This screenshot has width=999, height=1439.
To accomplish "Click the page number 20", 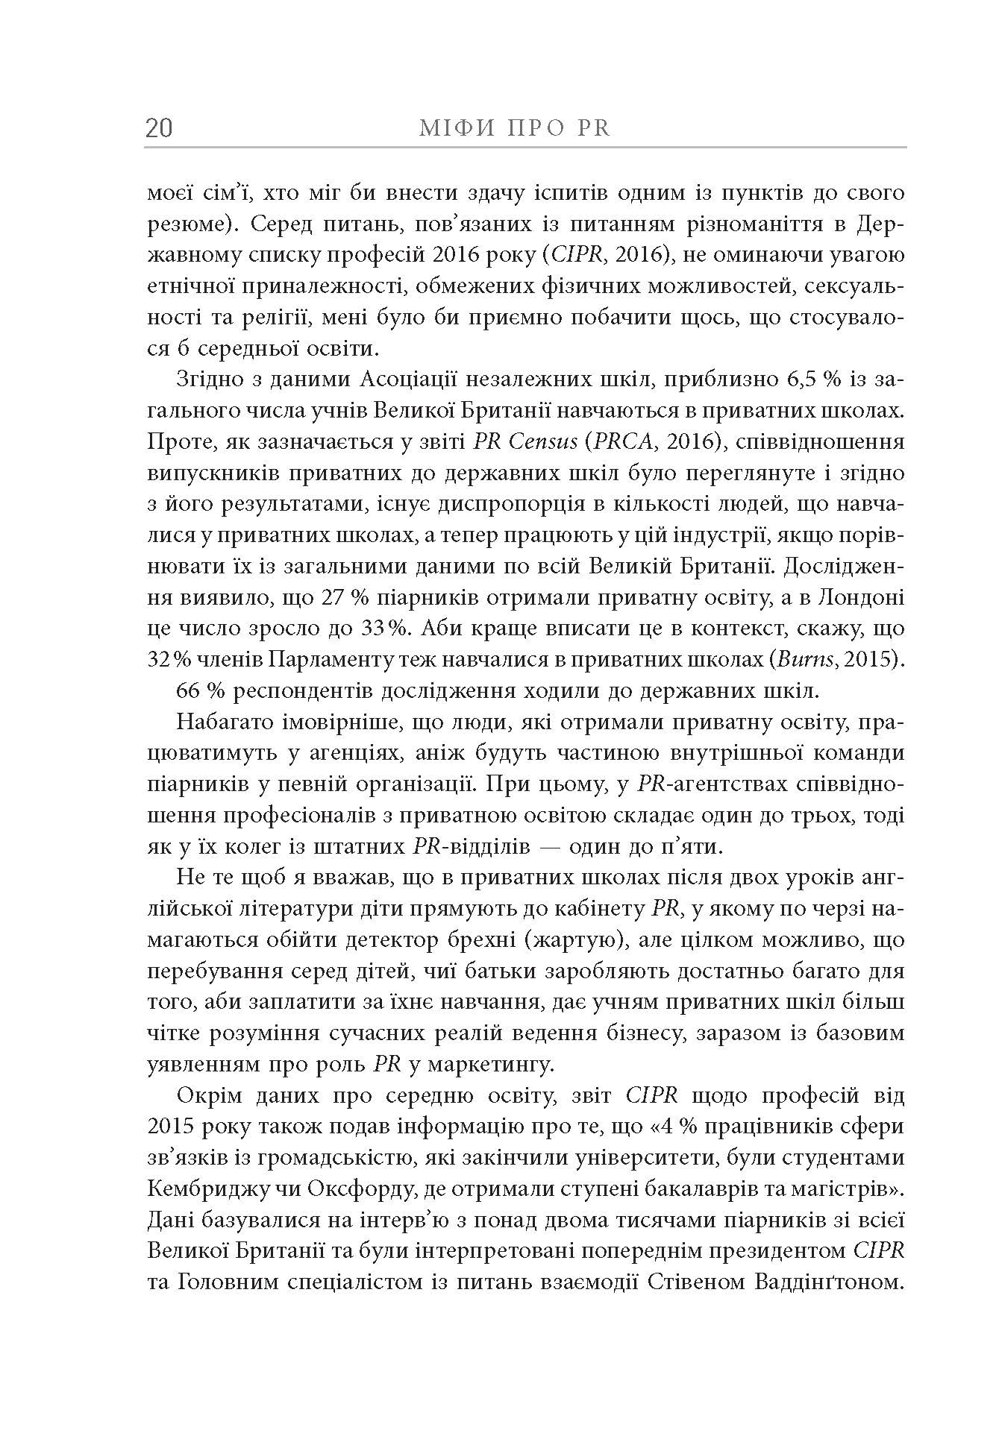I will [x=159, y=128].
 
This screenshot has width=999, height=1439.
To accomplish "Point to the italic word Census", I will [x=543, y=442].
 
